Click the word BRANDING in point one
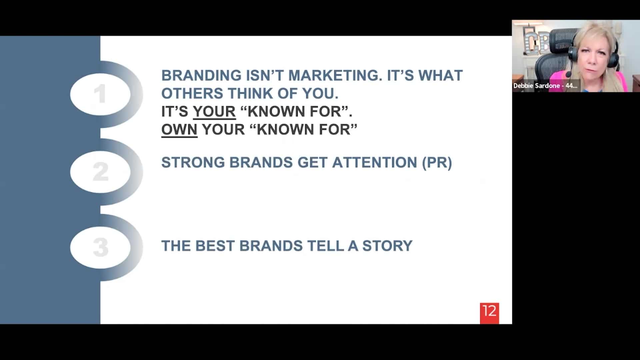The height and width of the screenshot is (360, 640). click(x=201, y=75)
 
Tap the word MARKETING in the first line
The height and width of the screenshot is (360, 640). click(x=335, y=75)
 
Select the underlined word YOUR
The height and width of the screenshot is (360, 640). click(x=214, y=111)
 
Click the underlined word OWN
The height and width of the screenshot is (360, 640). click(x=179, y=129)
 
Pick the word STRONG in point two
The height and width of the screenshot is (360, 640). click(x=193, y=163)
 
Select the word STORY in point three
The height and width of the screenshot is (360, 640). click(x=387, y=246)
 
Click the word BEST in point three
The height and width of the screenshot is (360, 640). click(x=215, y=246)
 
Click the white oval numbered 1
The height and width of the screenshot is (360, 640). click(x=100, y=94)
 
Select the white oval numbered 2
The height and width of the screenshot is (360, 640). click(x=100, y=172)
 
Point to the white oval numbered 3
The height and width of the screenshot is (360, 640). click(x=100, y=248)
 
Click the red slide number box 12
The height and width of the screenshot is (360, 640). click(x=489, y=313)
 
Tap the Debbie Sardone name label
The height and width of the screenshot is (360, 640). click(x=545, y=86)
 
